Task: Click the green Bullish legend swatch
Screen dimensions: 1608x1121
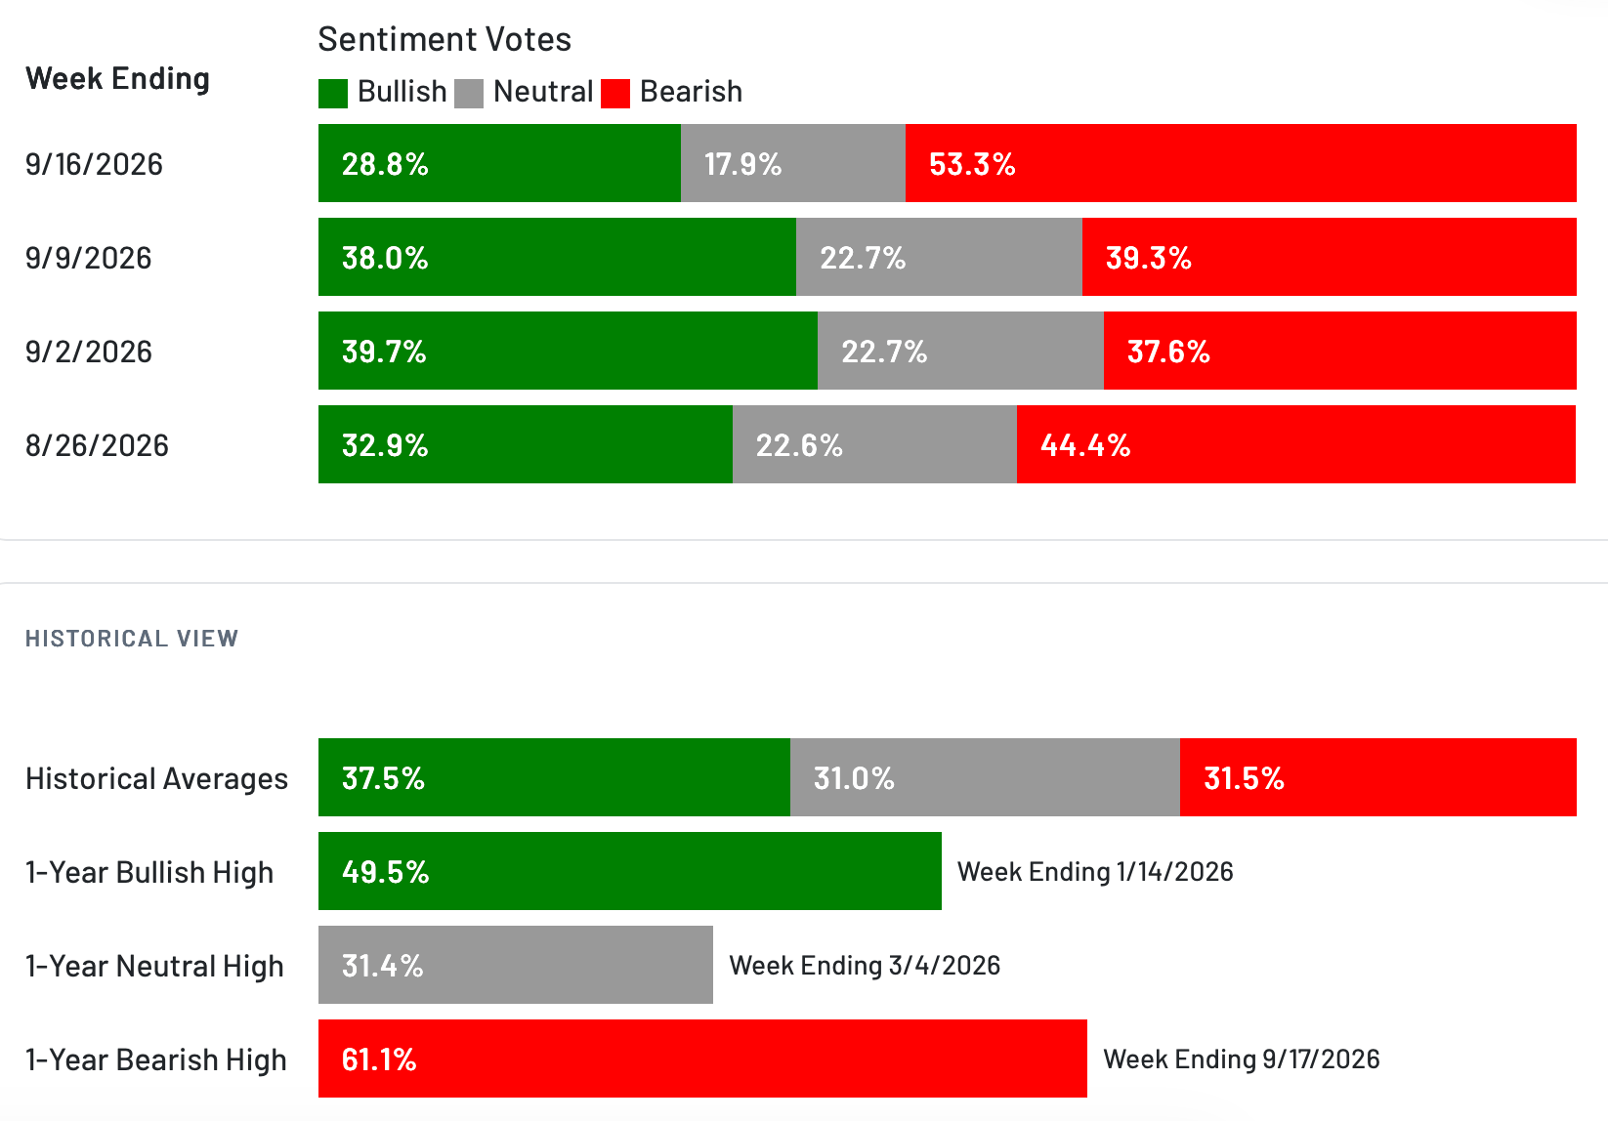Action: [333, 94]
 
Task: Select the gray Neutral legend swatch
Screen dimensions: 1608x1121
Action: [469, 94]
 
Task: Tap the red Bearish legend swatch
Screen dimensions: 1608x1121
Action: [615, 94]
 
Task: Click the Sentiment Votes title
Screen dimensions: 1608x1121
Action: [444, 39]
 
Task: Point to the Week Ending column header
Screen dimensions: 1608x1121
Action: [118, 78]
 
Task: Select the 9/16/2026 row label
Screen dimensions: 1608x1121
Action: [94, 164]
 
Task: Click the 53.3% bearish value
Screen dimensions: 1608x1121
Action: [972, 164]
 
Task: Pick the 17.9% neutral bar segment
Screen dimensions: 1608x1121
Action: [793, 163]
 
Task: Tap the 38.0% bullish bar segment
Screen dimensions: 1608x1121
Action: [557, 257]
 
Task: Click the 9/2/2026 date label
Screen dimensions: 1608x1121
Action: [89, 352]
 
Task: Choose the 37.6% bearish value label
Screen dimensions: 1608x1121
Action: [1168, 352]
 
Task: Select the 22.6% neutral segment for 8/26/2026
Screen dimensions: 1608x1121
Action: [875, 444]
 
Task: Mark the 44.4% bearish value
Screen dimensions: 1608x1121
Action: [1085, 445]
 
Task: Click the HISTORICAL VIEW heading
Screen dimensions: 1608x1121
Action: [132, 638]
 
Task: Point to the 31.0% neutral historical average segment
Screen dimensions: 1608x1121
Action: [985, 777]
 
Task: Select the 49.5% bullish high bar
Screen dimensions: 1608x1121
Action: [630, 871]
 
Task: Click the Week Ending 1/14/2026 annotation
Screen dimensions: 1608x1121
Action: [1095, 871]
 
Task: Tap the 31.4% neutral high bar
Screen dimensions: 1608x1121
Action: [516, 965]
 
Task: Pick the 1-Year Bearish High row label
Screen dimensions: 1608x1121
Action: [155, 1059]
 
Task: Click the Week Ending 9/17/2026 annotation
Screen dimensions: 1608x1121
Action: [1242, 1059]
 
